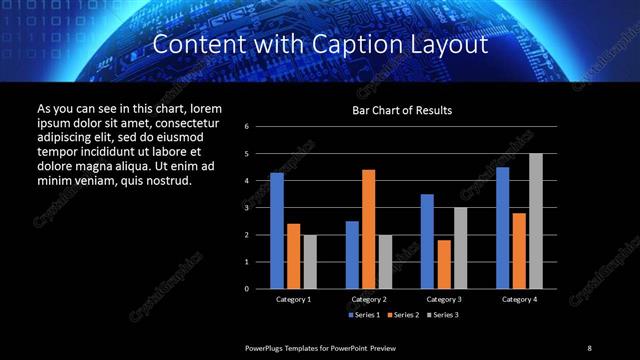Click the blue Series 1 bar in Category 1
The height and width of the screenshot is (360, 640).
tap(276, 230)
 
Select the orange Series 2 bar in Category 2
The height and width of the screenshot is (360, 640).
tap(368, 229)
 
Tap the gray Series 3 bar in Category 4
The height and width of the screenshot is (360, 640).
tap(535, 221)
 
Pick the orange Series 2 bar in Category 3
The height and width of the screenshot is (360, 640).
tap(443, 264)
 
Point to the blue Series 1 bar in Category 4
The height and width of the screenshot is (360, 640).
tap(502, 227)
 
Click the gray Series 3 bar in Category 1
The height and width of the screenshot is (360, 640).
tap(310, 261)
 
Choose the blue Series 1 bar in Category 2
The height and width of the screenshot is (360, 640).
tap(352, 254)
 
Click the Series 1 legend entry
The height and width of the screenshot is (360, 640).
tap(361, 315)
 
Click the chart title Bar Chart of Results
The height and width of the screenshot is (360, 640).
tap(402, 110)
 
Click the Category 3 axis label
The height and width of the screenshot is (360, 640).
tap(443, 299)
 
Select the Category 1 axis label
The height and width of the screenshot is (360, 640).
tap(293, 299)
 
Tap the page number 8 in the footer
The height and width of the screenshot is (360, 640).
tap(589, 347)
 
